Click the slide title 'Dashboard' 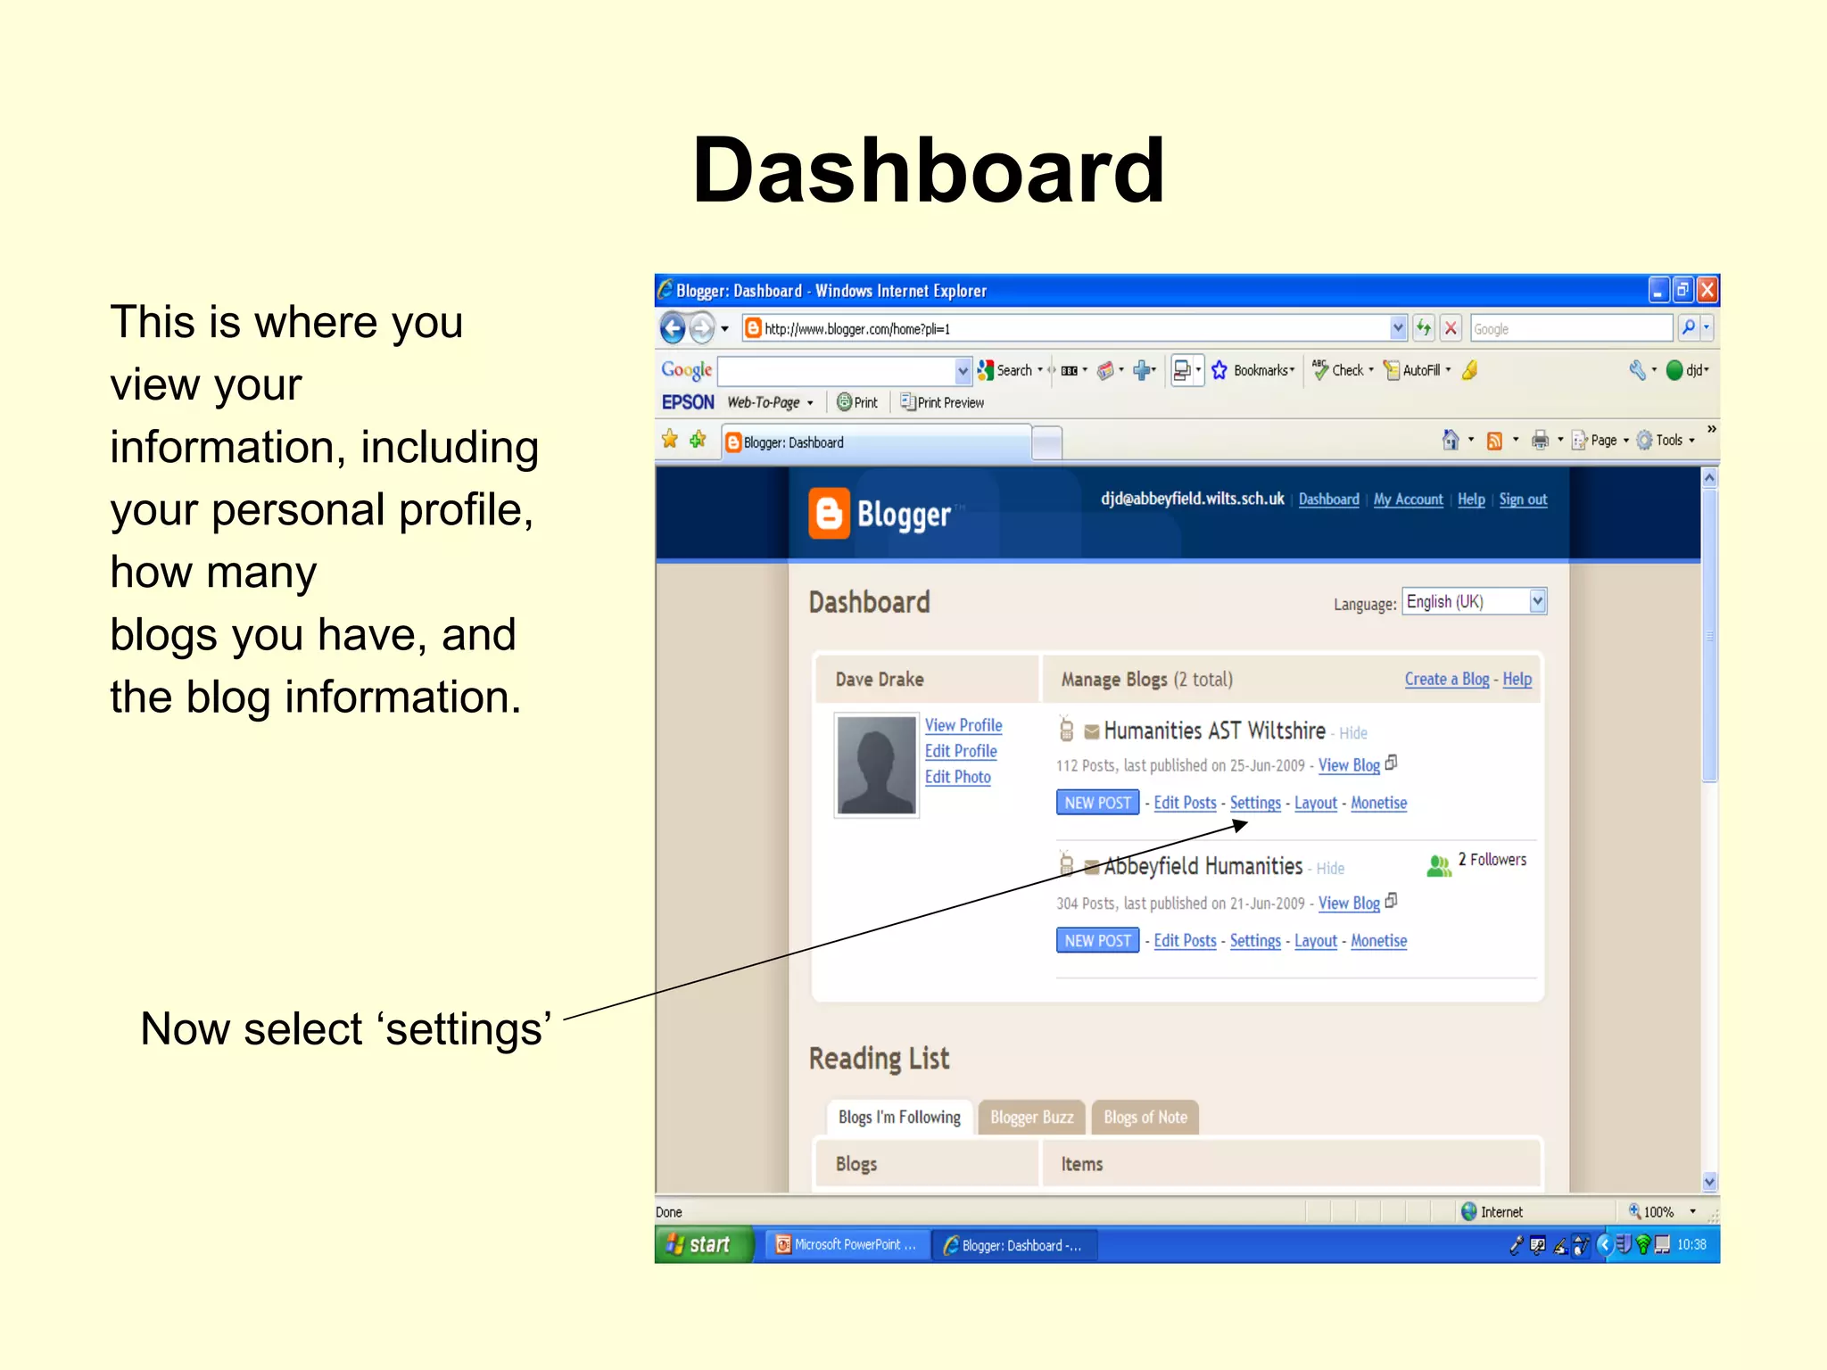coord(928,169)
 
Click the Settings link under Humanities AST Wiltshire coord(1254,803)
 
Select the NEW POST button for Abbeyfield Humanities coord(1097,941)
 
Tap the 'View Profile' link coord(963,725)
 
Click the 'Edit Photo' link coord(957,777)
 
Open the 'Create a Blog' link coord(1446,680)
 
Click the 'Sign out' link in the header coord(1522,499)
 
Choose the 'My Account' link coord(1408,499)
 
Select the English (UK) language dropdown coord(1474,602)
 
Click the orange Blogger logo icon coord(829,514)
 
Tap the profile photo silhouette coord(876,765)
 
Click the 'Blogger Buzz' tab coord(1031,1118)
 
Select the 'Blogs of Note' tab coord(1145,1118)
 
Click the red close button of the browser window coord(1707,290)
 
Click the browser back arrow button coord(674,329)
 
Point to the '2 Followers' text coord(1492,860)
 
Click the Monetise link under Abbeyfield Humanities coord(1378,941)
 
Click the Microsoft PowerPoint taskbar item coord(845,1245)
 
